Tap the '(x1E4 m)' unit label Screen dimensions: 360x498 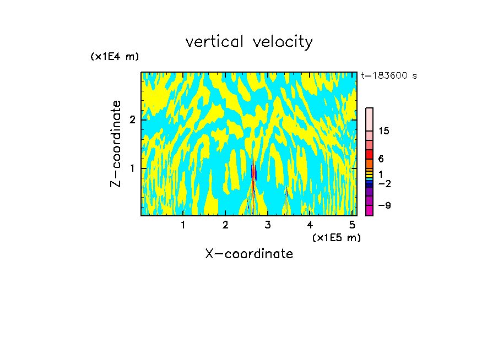[115, 57]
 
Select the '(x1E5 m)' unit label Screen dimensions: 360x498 [336, 237]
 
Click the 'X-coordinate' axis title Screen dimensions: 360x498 [249, 254]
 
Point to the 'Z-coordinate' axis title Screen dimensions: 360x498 [116, 144]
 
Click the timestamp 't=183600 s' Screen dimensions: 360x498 [388, 76]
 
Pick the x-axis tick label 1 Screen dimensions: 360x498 [183, 225]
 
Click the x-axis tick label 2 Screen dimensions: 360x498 [225, 225]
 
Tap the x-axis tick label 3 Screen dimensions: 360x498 [268, 225]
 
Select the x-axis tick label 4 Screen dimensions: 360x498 [310, 225]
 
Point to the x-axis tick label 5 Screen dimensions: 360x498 [352, 225]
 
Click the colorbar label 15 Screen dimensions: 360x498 [385, 131]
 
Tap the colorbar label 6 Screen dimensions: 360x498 [381, 159]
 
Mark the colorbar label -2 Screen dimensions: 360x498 [384, 183]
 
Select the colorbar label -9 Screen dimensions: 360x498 [384, 205]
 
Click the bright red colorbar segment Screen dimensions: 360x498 [369, 154]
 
